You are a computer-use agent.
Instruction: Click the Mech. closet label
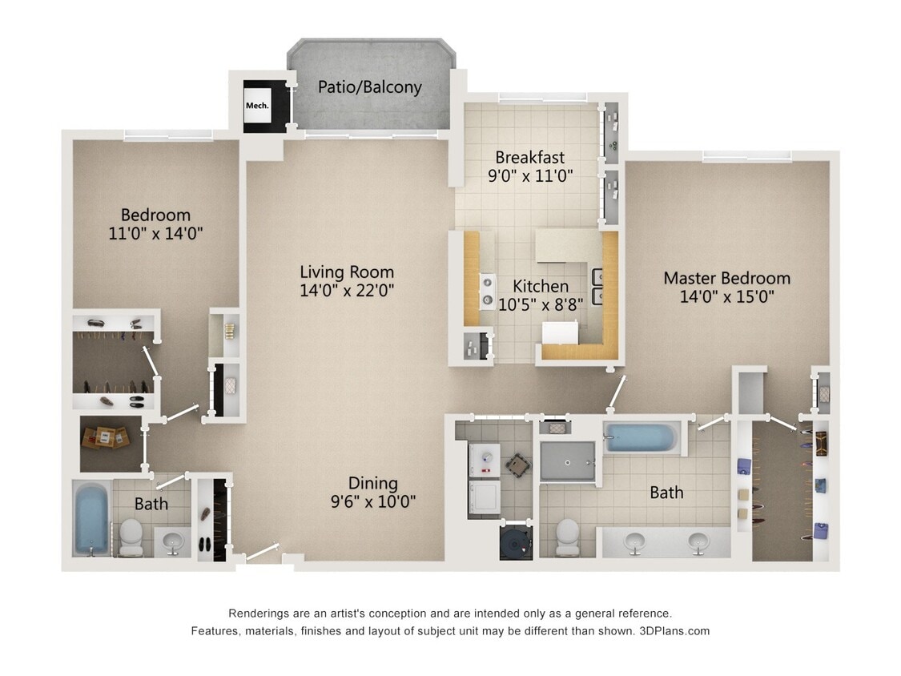(256, 105)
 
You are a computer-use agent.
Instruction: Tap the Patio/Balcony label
(369, 87)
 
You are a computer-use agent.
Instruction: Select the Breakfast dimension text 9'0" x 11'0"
(529, 176)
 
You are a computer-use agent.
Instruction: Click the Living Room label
(347, 272)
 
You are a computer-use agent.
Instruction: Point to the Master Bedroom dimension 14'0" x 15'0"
(726, 297)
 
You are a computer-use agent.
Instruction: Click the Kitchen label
(541, 286)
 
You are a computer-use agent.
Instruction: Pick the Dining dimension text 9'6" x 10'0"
(372, 502)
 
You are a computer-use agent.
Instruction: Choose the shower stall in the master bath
(567, 461)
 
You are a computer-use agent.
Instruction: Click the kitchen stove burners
(486, 292)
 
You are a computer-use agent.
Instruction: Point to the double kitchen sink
(597, 285)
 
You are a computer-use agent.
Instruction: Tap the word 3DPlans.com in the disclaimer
(674, 631)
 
